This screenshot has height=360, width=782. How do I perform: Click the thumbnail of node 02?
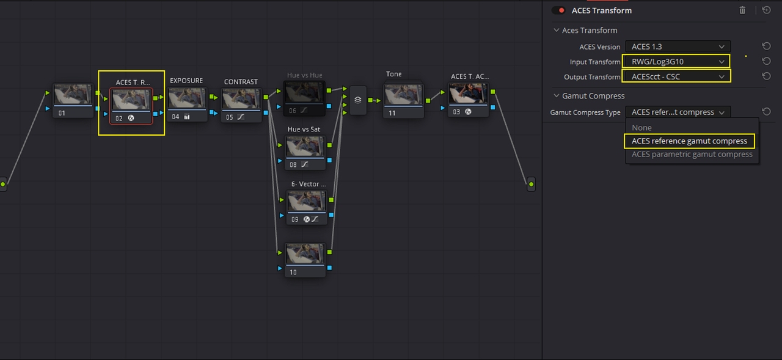tap(131, 100)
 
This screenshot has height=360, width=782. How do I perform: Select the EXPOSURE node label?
tap(186, 81)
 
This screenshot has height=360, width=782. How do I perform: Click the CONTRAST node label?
tap(241, 82)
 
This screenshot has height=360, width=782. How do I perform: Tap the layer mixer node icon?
tap(358, 100)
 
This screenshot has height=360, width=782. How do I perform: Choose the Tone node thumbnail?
tap(404, 95)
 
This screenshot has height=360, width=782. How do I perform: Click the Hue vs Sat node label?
tap(304, 129)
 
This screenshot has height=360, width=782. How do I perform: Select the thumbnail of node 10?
tap(305, 254)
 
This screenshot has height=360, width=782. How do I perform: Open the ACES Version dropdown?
tap(678, 46)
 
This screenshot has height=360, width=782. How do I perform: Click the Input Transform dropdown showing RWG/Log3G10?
tap(676, 62)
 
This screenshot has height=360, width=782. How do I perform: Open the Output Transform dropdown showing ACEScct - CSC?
tap(676, 76)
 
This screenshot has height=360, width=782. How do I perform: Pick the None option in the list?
tap(641, 128)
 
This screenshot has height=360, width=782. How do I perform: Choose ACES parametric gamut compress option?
tap(692, 155)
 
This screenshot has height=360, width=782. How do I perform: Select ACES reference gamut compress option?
tap(690, 141)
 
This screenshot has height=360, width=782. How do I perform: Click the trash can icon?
tap(742, 10)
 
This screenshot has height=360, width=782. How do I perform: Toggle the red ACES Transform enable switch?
tap(558, 10)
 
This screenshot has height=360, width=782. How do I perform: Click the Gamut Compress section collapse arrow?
tap(557, 96)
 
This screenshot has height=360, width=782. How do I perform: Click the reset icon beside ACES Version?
tap(766, 46)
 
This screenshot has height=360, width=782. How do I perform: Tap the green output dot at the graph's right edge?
tap(531, 184)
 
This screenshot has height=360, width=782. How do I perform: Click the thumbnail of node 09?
tap(307, 202)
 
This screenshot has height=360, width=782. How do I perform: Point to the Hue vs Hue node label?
tap(304, 75)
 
